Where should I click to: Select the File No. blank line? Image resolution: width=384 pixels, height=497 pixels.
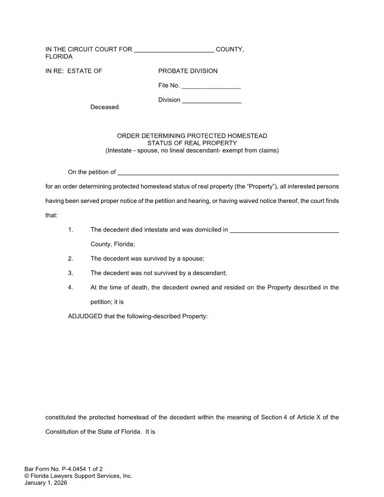click(211, 87)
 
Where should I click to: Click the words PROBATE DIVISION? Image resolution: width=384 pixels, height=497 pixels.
click(188, 71)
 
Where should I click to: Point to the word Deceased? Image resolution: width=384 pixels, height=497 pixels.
click(105, 107)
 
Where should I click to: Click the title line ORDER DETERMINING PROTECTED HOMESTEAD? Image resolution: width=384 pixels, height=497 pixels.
click(192, 136)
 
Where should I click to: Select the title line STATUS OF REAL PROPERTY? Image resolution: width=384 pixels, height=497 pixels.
click(192, 143)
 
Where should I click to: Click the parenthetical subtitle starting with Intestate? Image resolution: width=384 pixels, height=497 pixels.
click(192, 151)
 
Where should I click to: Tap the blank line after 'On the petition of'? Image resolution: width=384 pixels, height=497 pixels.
click(228, 173)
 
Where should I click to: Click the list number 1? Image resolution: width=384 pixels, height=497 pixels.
click(71, 230)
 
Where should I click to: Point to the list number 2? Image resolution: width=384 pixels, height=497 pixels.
click(71, 258)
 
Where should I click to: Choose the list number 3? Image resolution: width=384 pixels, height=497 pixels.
click(71, 273)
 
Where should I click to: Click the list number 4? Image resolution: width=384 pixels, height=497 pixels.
click(71, 288)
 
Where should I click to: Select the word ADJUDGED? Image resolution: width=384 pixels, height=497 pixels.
click(85, 316)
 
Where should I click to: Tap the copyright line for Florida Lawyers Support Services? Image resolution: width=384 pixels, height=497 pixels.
click(78, 476)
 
